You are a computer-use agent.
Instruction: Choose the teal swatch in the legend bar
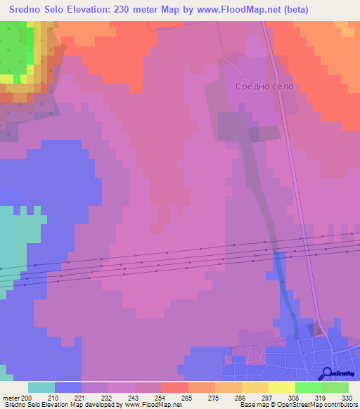click(x=41, y=387)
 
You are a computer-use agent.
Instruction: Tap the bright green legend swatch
click(x=308, y=387)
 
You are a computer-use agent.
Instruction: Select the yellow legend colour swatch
click(x=281, y=387)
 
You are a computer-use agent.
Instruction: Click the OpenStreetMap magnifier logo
click(x=327, y=373)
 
